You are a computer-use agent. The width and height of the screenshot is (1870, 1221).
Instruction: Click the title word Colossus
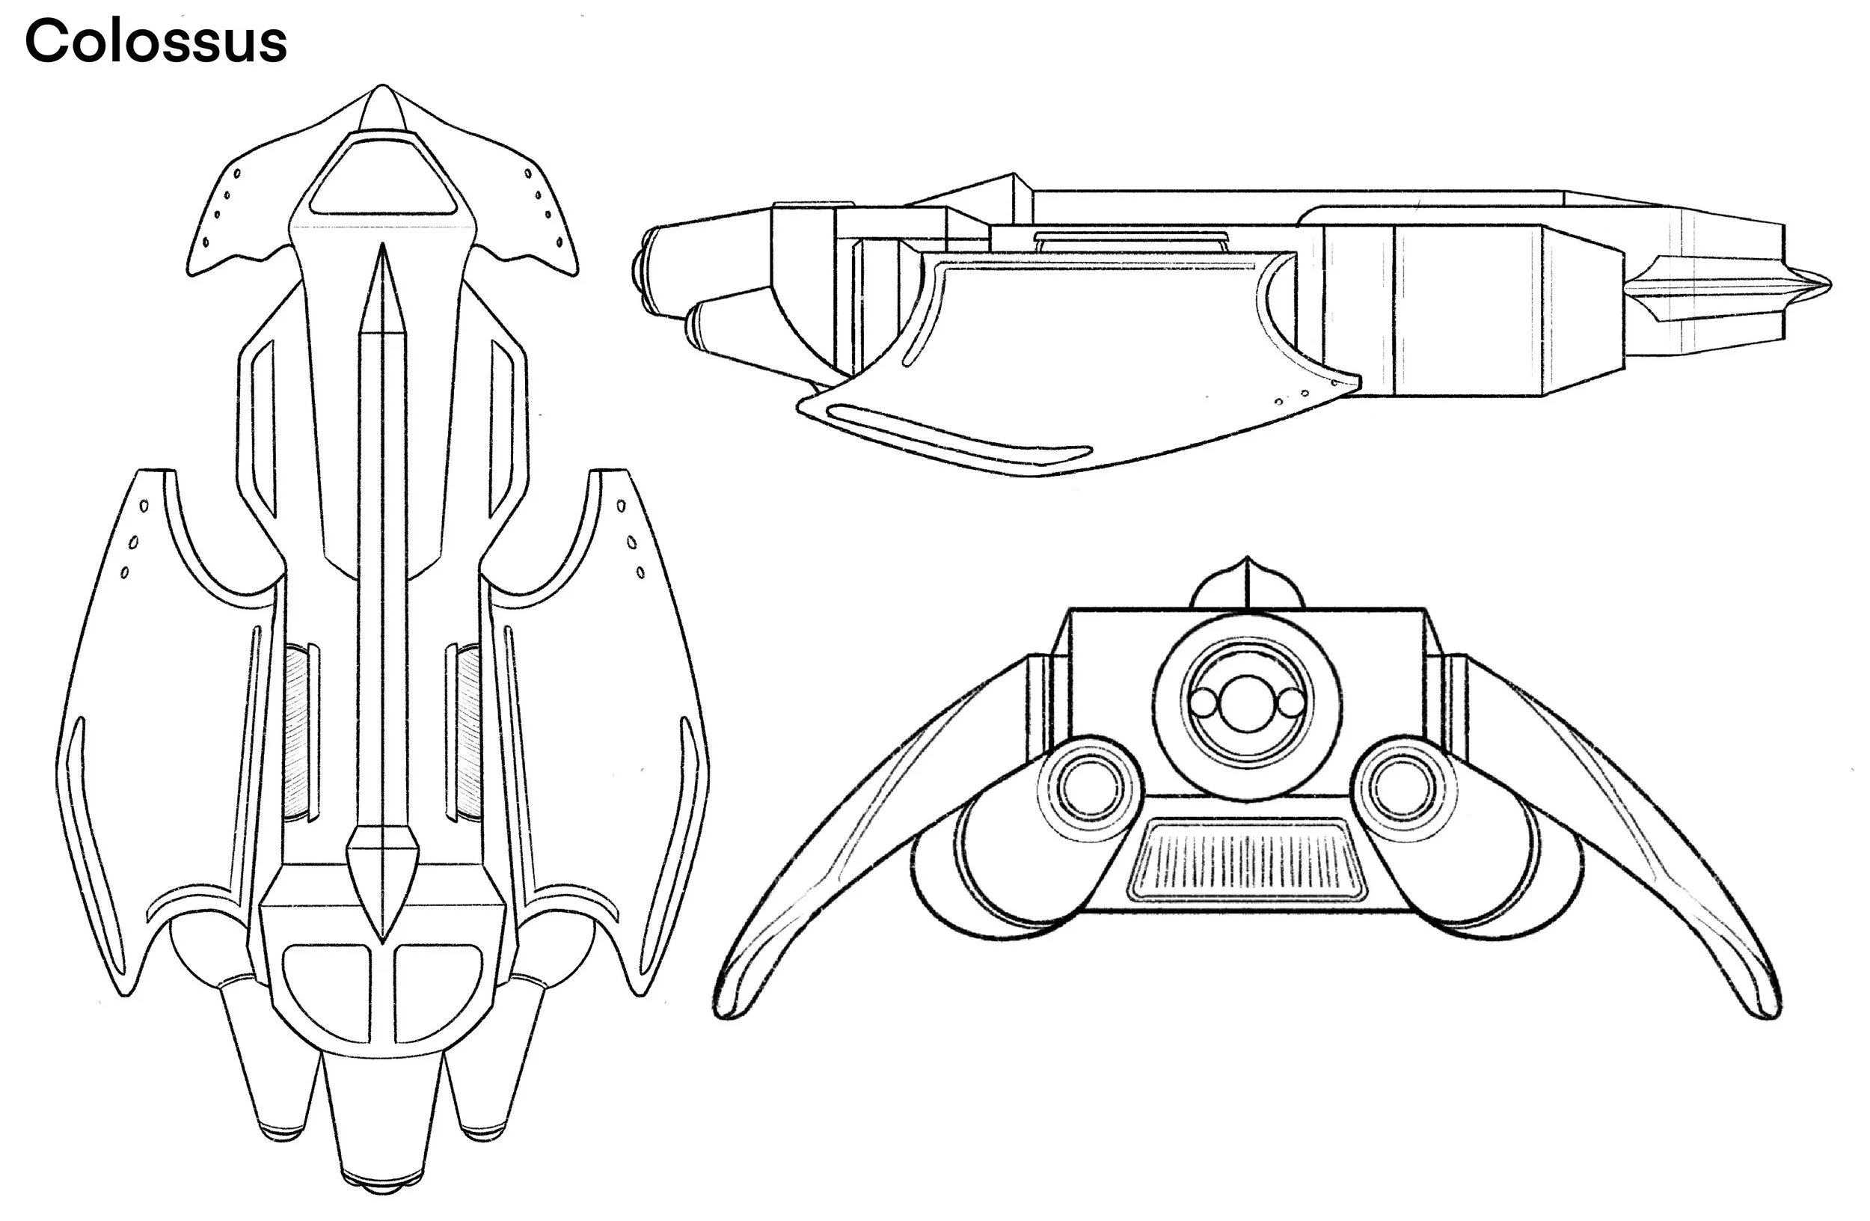[x=156, y=41]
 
